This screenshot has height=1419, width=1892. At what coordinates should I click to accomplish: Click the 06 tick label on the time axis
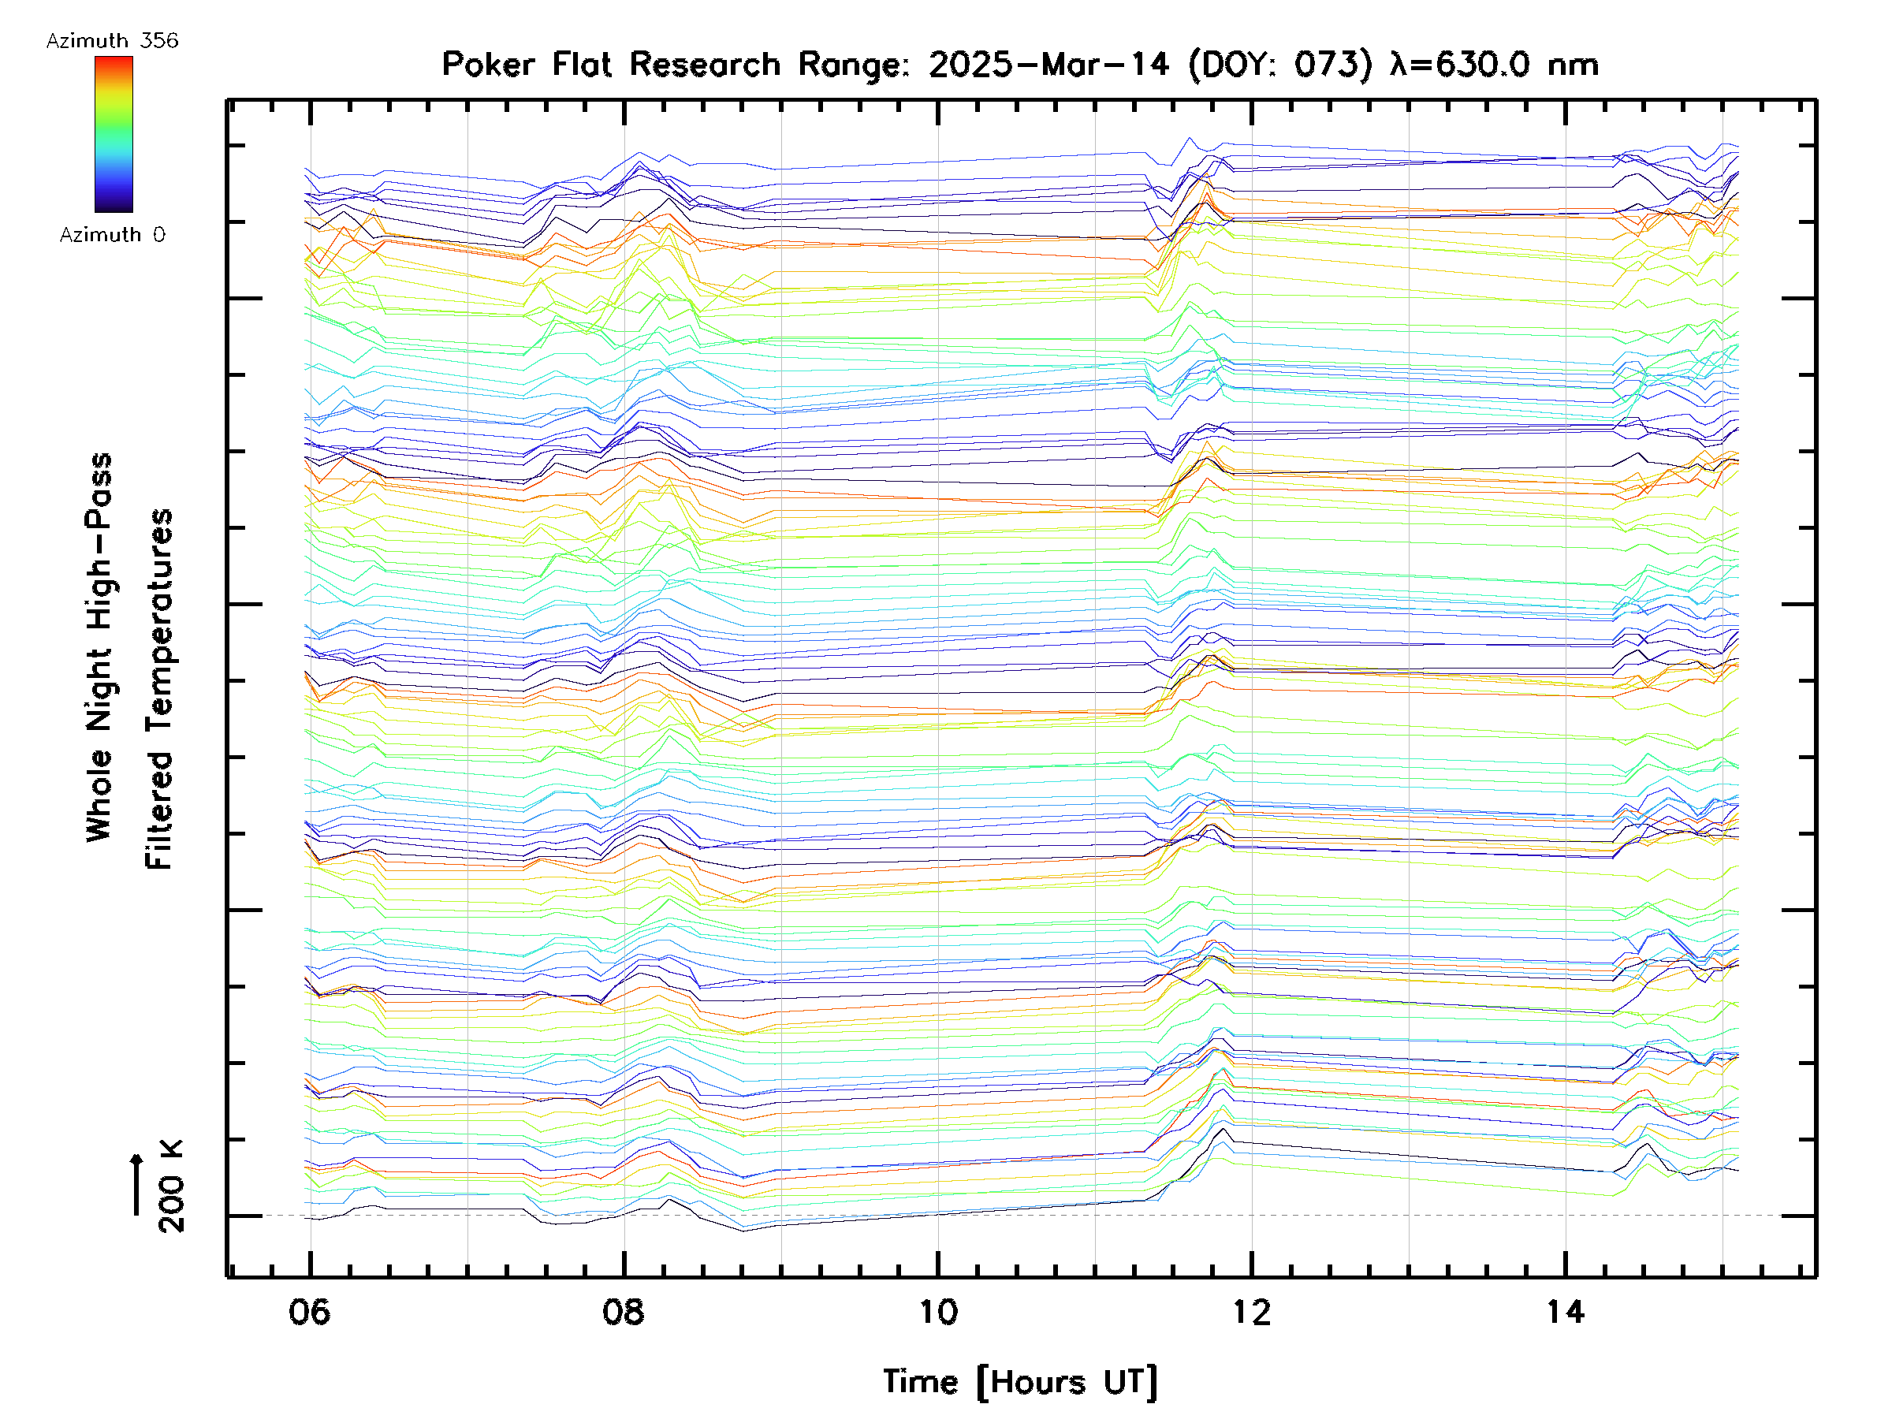[x=309, y=1311]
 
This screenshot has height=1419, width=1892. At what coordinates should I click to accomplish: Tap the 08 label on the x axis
[x=623, y=1311]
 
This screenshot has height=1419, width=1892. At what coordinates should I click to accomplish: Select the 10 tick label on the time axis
[x=937, y=1311]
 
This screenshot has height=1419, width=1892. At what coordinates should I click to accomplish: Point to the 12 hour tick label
[x=1251, y=1311]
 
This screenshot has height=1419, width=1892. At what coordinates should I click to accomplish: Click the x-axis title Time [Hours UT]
[x=1019, y=1382]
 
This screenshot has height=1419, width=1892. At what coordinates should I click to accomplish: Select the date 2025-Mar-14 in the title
[x=1048, y=64]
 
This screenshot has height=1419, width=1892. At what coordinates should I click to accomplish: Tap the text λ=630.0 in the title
[x=1459, y=64]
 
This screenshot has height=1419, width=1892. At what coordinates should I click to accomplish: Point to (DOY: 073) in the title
[x=1280, y=64]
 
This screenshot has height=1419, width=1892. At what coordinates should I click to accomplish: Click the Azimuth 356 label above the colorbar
[x=112, y=41]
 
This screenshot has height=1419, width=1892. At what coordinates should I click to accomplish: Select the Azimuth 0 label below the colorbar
[x=112, y=234]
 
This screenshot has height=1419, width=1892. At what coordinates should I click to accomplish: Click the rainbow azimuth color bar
[x=114, y=134]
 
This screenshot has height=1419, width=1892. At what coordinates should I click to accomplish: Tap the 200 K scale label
[x=171, y=1186]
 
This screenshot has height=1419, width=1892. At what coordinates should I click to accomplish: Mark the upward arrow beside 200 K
[x=137, y=1184]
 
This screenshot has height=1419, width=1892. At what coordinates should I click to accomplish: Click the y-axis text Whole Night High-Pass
[x=99, y=647]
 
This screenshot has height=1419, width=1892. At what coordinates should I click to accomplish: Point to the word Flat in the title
[x=582, y=64]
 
